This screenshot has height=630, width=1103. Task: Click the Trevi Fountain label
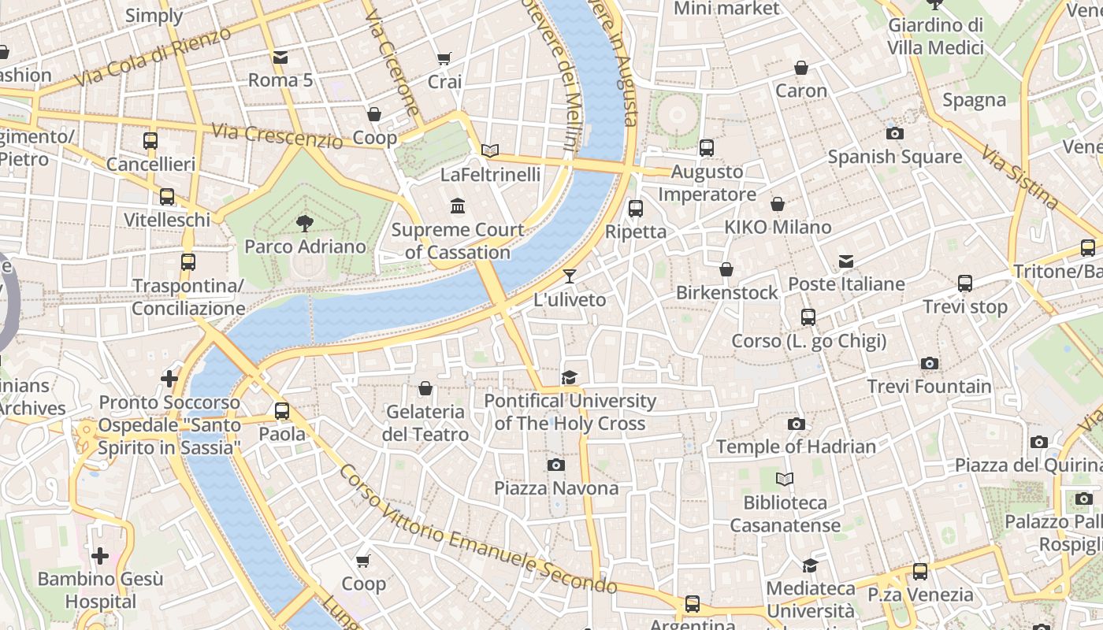929,387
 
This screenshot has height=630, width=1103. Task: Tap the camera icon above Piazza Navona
556,465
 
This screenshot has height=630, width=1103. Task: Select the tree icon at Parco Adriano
305,224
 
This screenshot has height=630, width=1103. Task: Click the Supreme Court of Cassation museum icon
457,206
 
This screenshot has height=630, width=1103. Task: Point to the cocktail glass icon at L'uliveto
570,276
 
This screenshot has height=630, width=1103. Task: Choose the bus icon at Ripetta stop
636,209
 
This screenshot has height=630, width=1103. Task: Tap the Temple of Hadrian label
796,447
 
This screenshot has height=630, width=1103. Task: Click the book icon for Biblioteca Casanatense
785,479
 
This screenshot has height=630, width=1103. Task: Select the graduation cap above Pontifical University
569,378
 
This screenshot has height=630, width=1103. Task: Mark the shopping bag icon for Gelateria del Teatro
425,388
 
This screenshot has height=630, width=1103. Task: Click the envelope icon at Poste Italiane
846,261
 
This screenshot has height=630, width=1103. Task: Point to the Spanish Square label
894,157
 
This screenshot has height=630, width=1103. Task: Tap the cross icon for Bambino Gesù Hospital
100,556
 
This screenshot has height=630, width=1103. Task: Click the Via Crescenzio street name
277,136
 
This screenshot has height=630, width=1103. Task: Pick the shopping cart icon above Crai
444,58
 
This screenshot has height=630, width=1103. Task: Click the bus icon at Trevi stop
965,283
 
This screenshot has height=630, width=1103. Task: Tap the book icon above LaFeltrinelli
490,150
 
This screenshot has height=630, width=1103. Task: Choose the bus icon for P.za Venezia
920,572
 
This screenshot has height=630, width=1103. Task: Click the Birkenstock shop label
726,293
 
